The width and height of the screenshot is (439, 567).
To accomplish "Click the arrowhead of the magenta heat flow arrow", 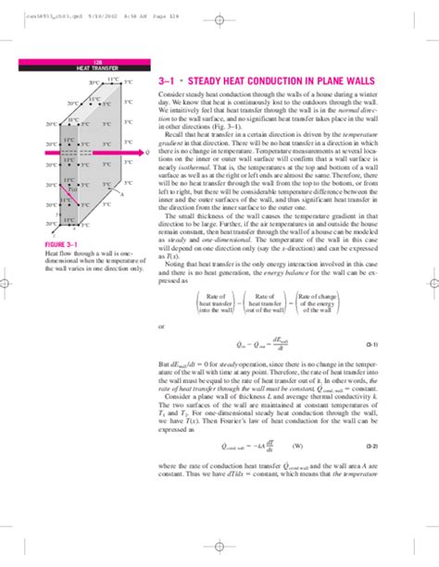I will [138, 153].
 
